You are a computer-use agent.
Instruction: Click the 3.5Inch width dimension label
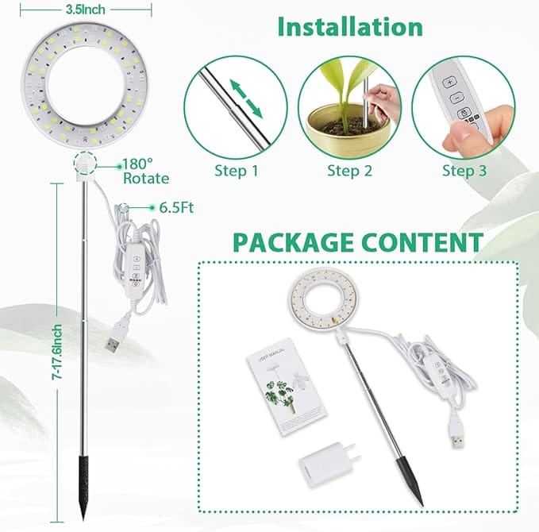[86, 10]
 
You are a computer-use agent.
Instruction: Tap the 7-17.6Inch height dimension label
[56, 352]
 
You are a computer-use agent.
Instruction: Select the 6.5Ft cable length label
[176, 208]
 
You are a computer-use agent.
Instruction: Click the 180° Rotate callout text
[146, 172]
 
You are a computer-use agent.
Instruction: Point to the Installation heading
[350, 27]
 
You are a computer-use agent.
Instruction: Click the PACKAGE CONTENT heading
[358, 242]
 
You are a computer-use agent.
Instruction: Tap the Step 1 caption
[236, 171]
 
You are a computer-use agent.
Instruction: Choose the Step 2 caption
[349, 171]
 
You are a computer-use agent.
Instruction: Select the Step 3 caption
[464, 171]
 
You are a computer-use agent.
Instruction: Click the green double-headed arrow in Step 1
[246, 99]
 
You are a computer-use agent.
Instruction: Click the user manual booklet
[286, 387]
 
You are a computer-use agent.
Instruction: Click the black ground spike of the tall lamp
[83, 486]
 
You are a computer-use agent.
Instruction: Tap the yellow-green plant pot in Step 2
[348, 131]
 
